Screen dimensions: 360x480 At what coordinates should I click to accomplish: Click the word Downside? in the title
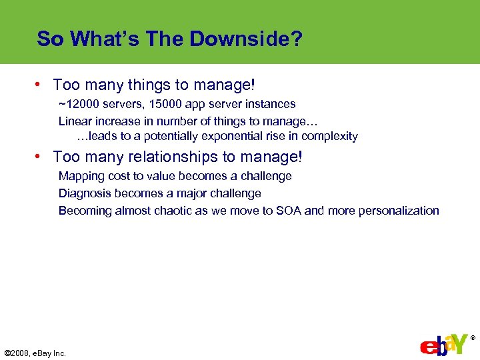[x=246, y=39]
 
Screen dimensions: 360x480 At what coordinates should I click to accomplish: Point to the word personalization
[x=399, y=211]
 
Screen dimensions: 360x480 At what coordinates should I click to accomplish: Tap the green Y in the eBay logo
[x=458, y=343]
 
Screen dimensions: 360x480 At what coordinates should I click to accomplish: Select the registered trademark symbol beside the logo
[x=473, y=338]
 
